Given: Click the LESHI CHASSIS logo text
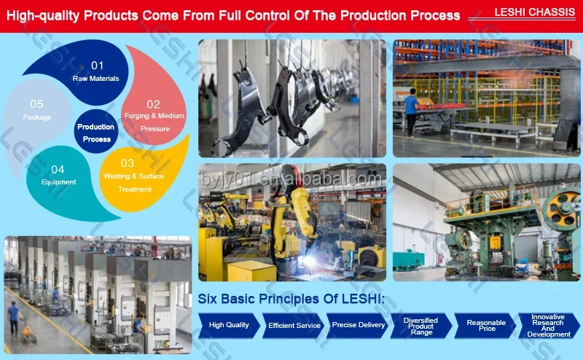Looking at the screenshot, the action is coord(534,12).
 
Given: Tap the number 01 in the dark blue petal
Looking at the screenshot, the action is coord(98,66).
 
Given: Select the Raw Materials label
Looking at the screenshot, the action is coord(96,79).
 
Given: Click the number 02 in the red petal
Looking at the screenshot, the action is coord(153,104).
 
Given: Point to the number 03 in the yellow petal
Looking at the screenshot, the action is coord(127,163).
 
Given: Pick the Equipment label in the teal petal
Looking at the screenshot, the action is coord(58,182).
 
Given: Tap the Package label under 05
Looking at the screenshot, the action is coord(37,117).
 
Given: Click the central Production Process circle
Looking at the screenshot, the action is coord(96,132).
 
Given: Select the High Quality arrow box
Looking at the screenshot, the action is coord(229,326).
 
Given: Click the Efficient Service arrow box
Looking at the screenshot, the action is coord(294,326).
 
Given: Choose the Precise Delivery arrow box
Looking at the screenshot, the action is coord(358,326).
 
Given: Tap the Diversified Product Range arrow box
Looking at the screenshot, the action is coord(421,326).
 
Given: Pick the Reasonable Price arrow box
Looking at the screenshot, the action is coord(485,326).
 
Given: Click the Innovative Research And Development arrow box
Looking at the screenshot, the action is coord(549,326).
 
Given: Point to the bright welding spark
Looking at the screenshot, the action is coord(310,260).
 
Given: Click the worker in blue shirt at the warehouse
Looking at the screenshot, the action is coord(411,112).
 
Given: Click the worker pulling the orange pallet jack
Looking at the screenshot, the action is coord(14,318).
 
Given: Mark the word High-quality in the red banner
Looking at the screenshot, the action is coord(43,16).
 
